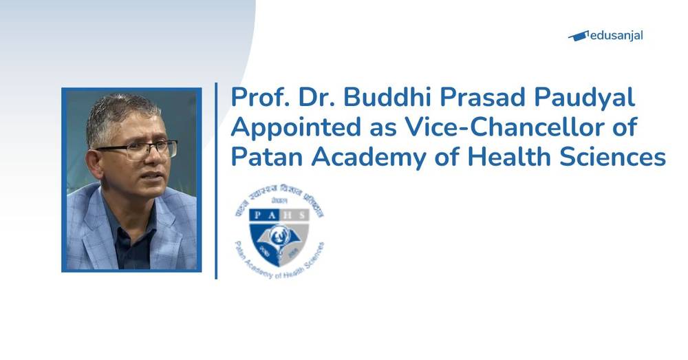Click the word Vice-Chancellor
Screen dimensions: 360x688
pyautogui.click(x=517, y=128)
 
